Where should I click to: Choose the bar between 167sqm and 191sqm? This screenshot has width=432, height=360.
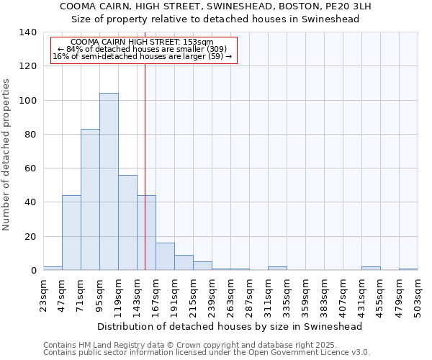[x=165, y=256]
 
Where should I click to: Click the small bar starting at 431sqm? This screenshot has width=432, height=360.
[x=371, y=269]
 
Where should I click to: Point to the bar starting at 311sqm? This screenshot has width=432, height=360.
[x=277, y=269]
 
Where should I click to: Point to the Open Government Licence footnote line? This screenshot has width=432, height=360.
[x=207, y=353]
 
